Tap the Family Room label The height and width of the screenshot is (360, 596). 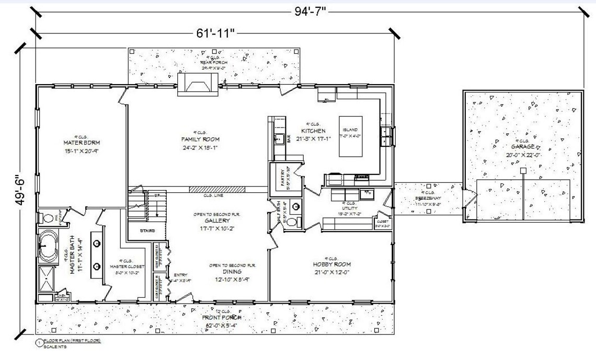pyautogui.click(x=200, y=140)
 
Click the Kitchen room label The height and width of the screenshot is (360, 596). pyautogui.click(x=313, y=131)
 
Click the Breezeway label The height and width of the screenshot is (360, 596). pyautogui.click(x=428, y=199)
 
